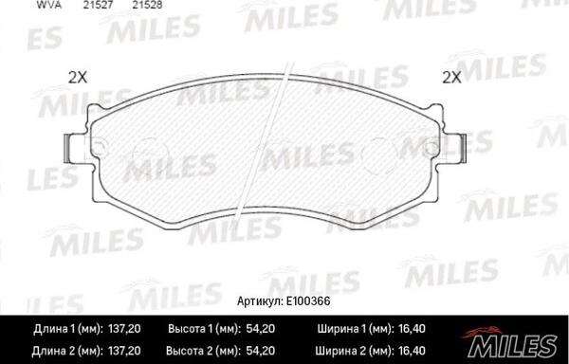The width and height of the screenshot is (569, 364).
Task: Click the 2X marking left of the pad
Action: [78, 78]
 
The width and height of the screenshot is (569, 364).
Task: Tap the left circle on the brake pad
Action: [148, 151]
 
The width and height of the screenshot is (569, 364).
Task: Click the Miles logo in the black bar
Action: [508, 338]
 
